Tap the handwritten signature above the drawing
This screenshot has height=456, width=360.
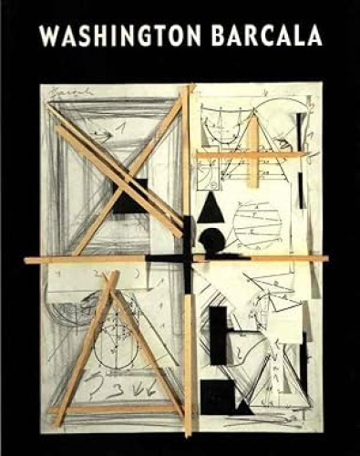point(66,93)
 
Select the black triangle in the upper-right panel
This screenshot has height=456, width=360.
point(211,209)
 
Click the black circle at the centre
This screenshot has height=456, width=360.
point(209,241)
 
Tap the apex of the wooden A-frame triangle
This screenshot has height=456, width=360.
point(114,275)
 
